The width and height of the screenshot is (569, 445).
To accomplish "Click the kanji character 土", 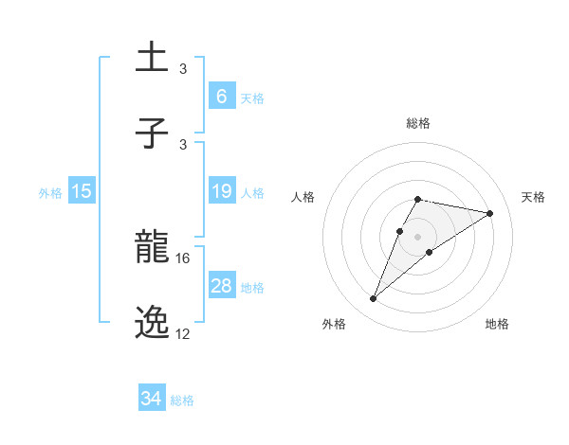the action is tap(153, 58).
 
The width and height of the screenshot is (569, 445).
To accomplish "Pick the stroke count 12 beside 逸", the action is tap(183, 334).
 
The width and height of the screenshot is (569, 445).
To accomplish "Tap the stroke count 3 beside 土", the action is tap(183, 69).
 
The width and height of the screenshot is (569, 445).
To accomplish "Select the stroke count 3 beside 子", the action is tap(183, 144).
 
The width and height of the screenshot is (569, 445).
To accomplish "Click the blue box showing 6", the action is tap(221, 96).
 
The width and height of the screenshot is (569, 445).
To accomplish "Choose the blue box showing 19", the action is tap(221, 192).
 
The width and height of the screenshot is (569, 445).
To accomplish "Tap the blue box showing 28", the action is tap(221, 286).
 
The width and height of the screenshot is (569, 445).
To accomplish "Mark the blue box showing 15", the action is tap(82, 192).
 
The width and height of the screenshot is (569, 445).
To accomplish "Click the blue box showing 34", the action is tap(152, 399).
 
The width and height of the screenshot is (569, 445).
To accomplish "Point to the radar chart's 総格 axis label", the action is tap(417, 123).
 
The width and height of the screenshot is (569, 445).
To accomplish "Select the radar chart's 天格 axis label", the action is tap(533, 197).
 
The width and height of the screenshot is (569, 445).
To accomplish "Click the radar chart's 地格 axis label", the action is tap(497, 324).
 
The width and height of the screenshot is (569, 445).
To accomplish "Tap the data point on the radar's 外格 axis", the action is tap(373, 299).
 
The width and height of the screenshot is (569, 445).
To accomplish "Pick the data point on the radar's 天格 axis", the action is tap(489, 213).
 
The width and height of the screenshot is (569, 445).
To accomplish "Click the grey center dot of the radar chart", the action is tap(417, 236).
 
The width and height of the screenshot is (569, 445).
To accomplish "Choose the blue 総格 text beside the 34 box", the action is tap(182, 400).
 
